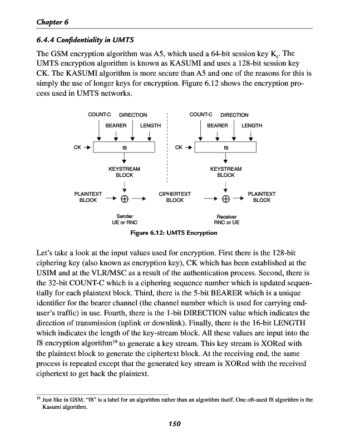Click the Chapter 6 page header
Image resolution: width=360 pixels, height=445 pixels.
click(x=52, y=22)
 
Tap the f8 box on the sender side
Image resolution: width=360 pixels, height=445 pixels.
click(x=125, y=148)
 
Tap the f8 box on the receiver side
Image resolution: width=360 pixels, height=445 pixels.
click(x=226, y=148)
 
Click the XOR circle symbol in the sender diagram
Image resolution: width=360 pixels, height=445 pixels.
click(x=125, y=199)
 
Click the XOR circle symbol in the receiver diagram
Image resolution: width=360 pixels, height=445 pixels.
click(x=226, y=199)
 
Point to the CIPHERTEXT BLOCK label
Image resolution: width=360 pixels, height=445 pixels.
click(x=175, y=197)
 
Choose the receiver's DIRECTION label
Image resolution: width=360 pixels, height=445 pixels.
click(x=234, y=115)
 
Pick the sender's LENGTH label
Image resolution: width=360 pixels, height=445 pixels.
click(x=150, y=126)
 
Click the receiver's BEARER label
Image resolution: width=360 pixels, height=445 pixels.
click(x=217, y=126)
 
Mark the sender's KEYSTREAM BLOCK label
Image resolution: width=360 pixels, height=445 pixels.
click(x=125, y=171)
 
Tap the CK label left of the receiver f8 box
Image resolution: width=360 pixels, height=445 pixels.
click(x=179, y=148)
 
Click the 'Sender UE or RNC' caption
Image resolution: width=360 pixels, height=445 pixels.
click(x=125, y=219)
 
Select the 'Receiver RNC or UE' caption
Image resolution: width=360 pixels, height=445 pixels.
click(x=226, y=219)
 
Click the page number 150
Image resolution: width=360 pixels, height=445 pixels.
click(x=175, y=424)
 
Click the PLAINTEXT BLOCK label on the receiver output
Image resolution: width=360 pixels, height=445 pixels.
click(x=262, y=197)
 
